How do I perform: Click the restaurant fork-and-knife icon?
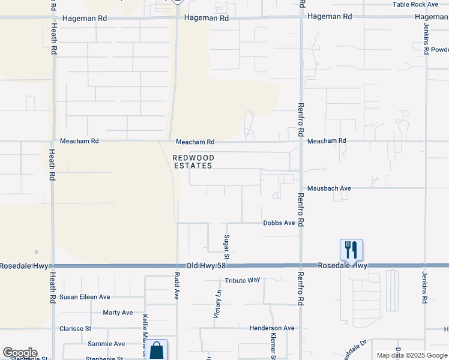[351, 249]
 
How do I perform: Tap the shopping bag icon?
[157, 350]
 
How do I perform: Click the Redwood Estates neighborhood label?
[192, 161]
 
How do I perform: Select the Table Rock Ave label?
[415, 4]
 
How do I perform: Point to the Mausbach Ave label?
[329, 188]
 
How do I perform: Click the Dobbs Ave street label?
[279, 223]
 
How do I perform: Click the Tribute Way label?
[243, 280]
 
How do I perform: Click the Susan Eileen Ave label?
[85, 297]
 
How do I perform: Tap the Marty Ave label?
[118, 313]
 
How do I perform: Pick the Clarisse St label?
[75, 329]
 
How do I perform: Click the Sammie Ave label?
[106, 344]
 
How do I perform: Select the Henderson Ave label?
[273, 328]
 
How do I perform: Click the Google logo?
[20, 353]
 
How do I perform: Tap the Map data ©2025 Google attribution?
[411, 355]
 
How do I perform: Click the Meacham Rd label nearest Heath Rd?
[79, 142]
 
